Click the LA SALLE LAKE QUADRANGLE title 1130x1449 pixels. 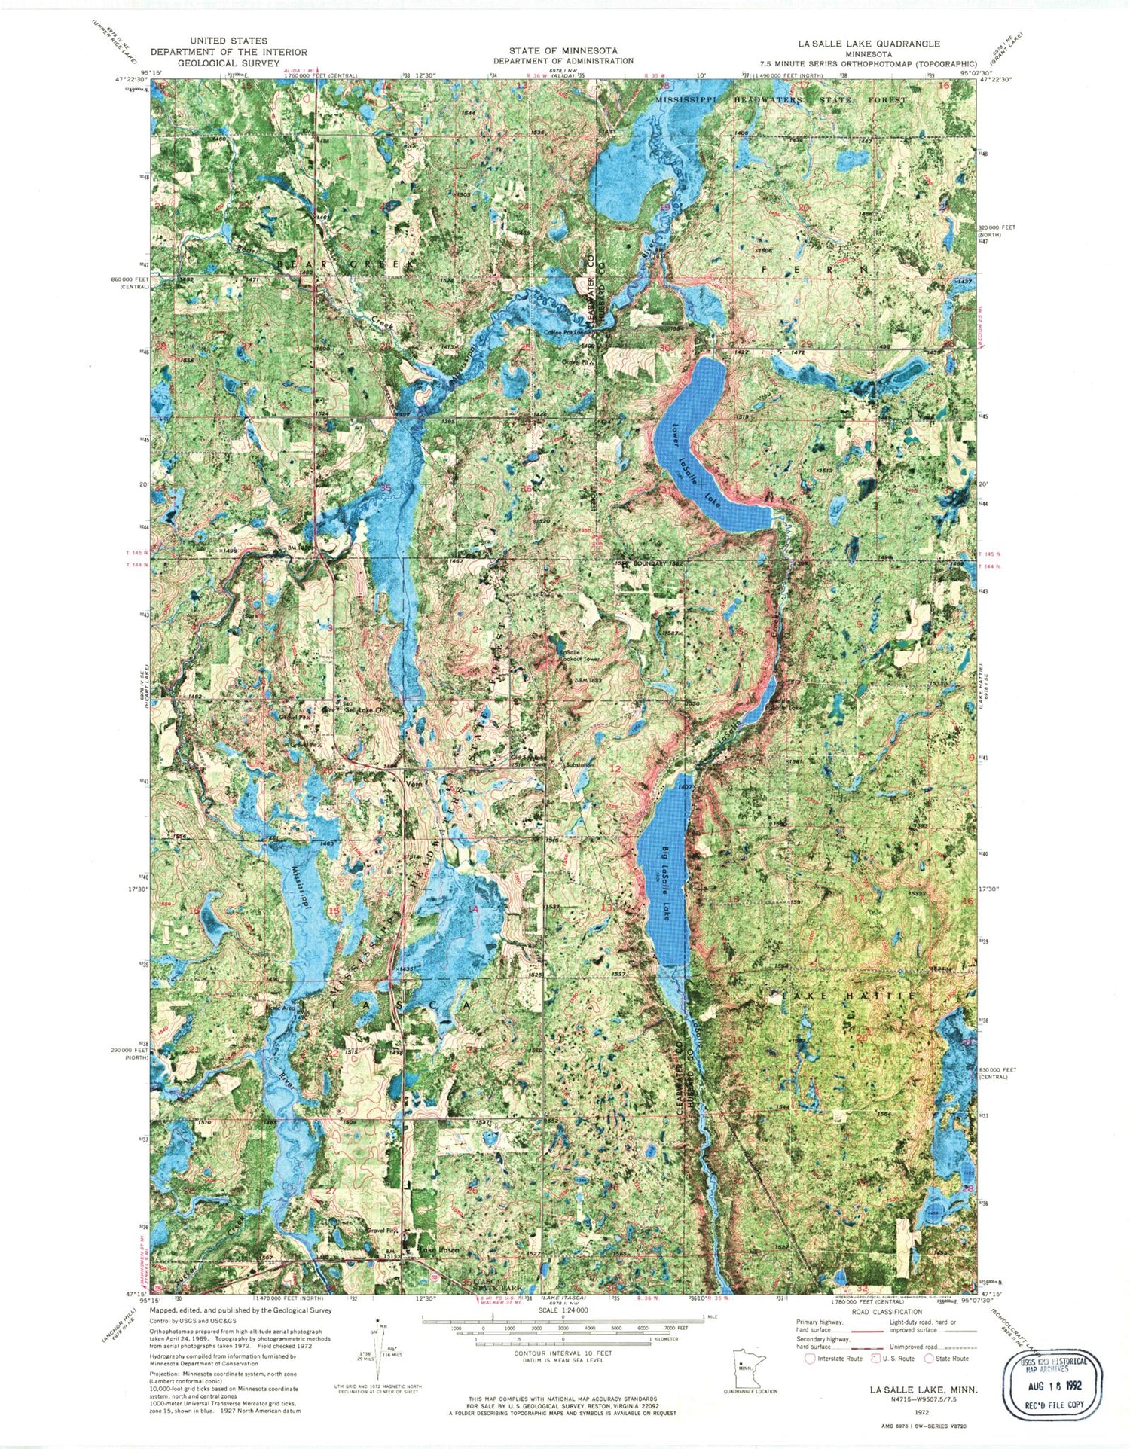click(872, 44)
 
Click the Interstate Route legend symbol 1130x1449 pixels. click(810, 1359)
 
